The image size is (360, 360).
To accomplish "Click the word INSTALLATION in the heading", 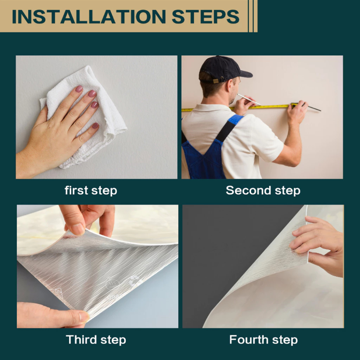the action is pos(89,17).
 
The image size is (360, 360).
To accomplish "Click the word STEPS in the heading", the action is pos(205,17).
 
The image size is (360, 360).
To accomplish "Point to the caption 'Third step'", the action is pos(96,340).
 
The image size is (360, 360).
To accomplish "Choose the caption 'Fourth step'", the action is pos(264,340).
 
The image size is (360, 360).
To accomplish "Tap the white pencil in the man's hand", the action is pos(249,99).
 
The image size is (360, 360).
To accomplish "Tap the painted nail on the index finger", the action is pos(79,89).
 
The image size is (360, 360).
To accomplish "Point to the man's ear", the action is pos(231,87).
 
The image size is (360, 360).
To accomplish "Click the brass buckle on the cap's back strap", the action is pos(216,81).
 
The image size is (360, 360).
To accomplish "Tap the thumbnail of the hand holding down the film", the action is pos(84,317).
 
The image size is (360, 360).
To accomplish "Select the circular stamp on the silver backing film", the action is pos(112,285).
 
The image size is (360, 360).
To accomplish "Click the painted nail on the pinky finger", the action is pos(95,126).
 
